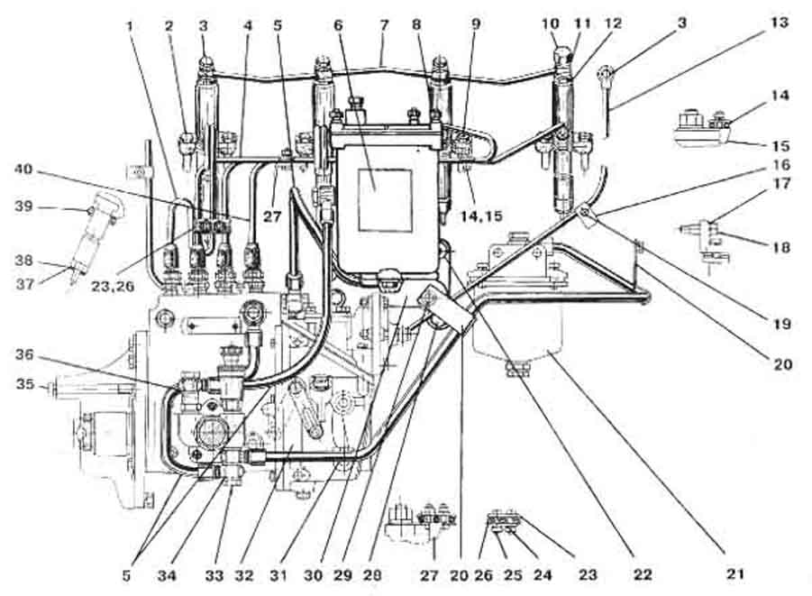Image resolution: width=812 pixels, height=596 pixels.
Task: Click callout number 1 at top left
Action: coord(129,24)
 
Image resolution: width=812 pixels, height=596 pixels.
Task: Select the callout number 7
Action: coord(383,24)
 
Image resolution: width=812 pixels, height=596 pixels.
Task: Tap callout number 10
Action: coord(550,23)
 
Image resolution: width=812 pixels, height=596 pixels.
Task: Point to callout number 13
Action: coord(780,23)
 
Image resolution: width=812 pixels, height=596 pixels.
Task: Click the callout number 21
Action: coord(735,573)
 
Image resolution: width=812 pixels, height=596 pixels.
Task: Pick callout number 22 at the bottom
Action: coord(643,573)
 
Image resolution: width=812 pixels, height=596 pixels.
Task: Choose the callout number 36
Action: coord(23,354)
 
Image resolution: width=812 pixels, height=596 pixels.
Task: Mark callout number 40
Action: coord(23,170)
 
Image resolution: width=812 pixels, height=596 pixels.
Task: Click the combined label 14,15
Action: coord(481,215)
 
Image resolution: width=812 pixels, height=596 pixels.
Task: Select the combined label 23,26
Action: coord(113,285)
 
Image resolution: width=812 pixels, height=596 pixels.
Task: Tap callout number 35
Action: coord(25,384)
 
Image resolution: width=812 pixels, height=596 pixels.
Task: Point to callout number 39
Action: coord(23,206)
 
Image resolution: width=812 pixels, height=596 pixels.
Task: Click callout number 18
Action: coord(781,247)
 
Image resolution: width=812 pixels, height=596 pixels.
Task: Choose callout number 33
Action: coord(214,575)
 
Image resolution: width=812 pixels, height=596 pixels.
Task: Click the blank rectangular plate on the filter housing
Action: coord(386,200)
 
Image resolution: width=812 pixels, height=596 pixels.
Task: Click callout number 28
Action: coord(373,574)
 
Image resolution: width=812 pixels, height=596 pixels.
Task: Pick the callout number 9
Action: coord(476,24)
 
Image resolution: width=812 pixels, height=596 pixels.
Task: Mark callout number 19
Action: coord(781,324)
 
